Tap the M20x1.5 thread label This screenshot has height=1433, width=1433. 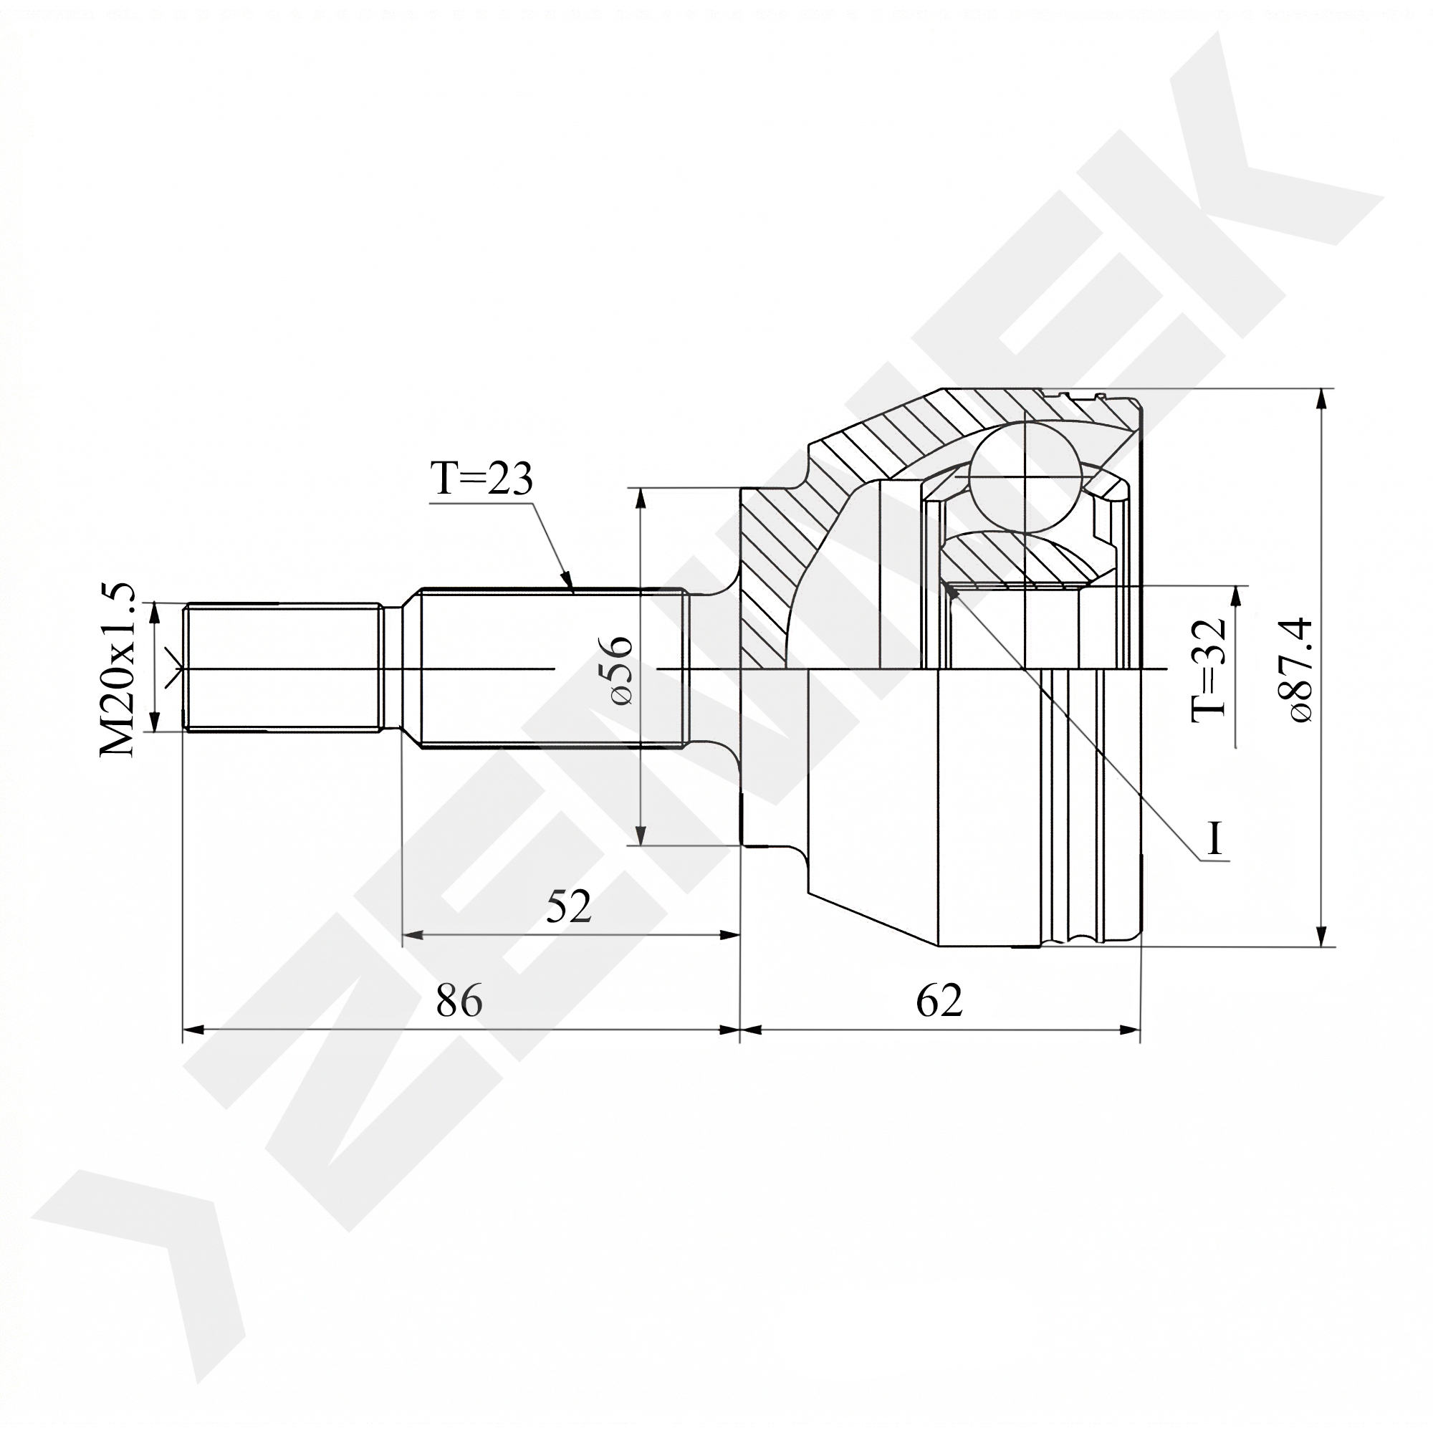click(x=118, y=669)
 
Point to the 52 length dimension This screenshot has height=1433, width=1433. click(x=569, y=906)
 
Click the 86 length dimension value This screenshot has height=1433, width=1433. click(x=459, y=1000)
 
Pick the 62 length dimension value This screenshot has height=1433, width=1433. click(x=939, y=1000)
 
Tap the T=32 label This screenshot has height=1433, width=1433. click(x=1208, y=670)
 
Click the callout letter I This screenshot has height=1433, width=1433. click(x=1214, y=839)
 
